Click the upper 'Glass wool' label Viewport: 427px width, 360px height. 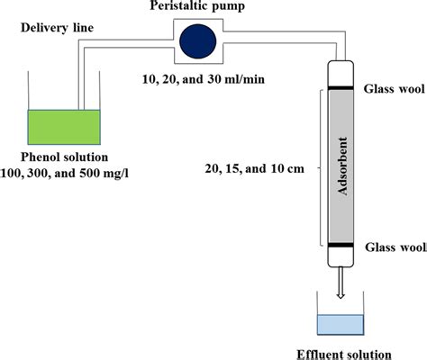(392, 89)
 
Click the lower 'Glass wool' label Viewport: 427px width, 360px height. (392, 245)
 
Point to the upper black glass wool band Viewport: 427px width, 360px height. (341, 87)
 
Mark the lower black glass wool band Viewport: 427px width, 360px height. (341, 244)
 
